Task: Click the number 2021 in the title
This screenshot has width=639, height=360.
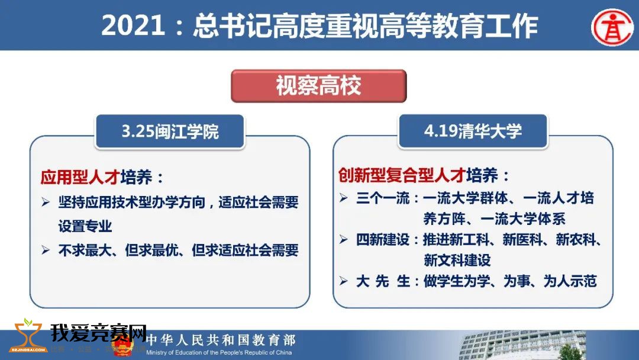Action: coord(133,25)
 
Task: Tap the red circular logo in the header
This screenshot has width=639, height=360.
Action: coord(612,27)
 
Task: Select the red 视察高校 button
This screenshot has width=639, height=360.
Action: coord(319,86)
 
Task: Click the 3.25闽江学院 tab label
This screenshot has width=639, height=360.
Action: coord(170,131)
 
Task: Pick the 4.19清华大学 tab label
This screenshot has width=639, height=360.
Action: coord(473,131)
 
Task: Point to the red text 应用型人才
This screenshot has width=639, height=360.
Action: coord(80,177)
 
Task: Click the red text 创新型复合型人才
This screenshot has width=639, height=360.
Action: coord(402,175)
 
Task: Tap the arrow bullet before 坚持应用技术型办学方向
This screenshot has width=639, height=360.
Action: coord(46,202)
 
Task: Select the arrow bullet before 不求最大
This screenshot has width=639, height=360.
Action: coord(46,250)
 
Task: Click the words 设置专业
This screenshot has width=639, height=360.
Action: coord(85,226)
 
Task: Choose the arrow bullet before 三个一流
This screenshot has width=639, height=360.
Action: coord(344,198)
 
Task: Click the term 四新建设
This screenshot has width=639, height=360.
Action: coord(383,239)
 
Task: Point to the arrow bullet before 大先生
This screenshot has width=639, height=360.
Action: coord(344,281)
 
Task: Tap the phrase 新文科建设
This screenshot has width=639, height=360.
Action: coord(457,260)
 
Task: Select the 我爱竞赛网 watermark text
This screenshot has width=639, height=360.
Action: coord(98,333)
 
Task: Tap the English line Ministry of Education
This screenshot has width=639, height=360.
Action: coord(219,352)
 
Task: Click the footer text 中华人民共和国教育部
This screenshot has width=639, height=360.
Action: coord(221,340)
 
